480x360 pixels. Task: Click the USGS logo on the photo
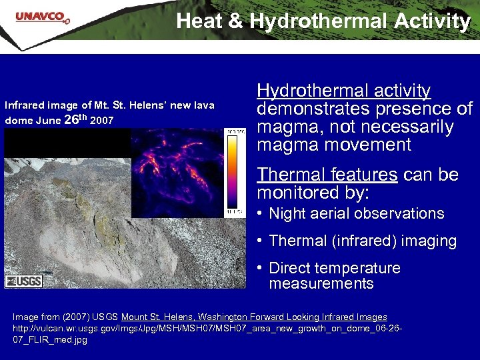pos(24,281)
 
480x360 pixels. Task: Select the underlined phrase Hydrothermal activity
pos(343,91)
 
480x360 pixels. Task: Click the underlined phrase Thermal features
pos(327,175)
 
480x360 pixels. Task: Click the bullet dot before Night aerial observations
pos(260,214)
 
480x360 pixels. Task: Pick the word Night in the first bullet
pos(287,214)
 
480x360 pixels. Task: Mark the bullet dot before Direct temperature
pos(260,269)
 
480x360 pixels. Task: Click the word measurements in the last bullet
pos(321,284)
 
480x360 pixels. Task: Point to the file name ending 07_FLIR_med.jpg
pos(50,340)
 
